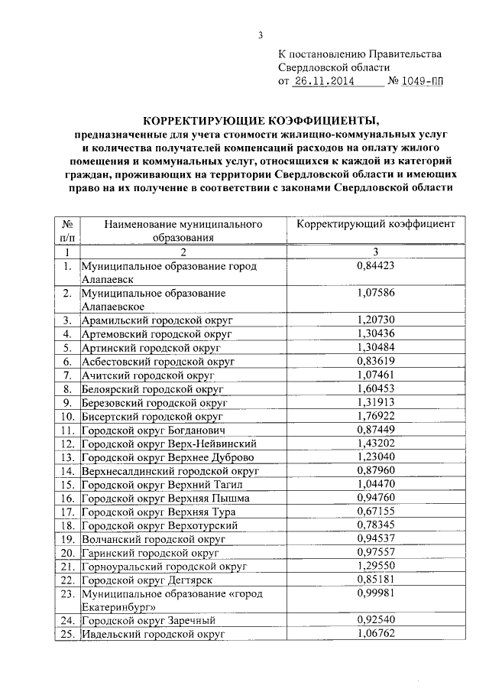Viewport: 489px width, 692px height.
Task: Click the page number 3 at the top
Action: point(260,34)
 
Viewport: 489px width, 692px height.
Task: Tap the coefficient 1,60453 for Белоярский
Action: point(375,388)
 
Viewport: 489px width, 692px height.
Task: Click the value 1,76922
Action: point(375,416)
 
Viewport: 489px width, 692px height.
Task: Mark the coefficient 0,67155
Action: point(375,511)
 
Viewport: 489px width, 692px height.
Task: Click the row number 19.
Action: point(67,538)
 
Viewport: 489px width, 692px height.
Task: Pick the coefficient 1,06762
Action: point(375,634)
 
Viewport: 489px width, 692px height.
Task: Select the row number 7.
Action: point(67,375)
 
